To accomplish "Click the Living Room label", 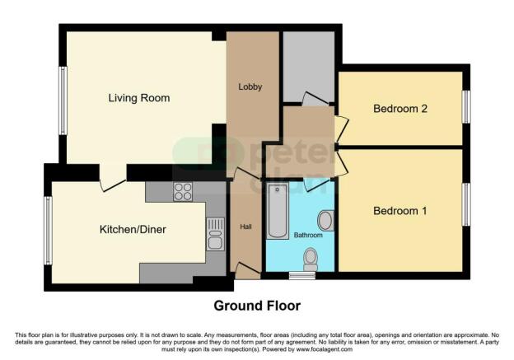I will click(138, 98).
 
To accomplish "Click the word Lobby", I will click(250, 86).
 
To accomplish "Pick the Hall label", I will click(245, 227).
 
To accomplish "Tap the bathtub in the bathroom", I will click(275, 211).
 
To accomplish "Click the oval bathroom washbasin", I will click(325, 220).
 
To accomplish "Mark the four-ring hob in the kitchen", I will click(183, 191).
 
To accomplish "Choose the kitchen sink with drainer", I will click(216, 232).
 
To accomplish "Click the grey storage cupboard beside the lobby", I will click(308, 66).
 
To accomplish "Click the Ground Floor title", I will click(257, 306).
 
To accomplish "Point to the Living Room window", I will click(62, 101).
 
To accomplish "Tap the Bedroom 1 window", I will click(465, 205).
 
